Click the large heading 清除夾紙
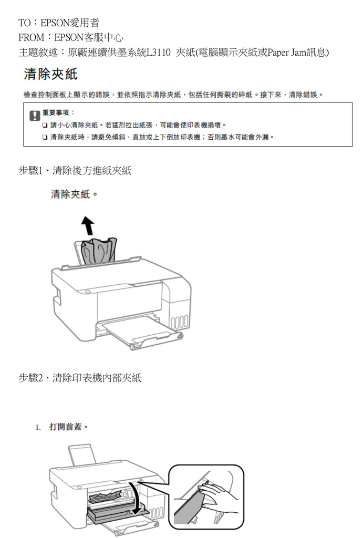point(51,74)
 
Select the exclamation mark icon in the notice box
point(35,116)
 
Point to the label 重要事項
point(56,112)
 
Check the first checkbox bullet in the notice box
point(45,125)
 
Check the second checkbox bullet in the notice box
point(45,137)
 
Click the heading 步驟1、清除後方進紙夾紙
point(75,171)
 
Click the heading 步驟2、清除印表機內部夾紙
point(80,378)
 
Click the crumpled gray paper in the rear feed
point(99,251)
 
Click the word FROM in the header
point(31,37)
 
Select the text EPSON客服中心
point(89,37)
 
